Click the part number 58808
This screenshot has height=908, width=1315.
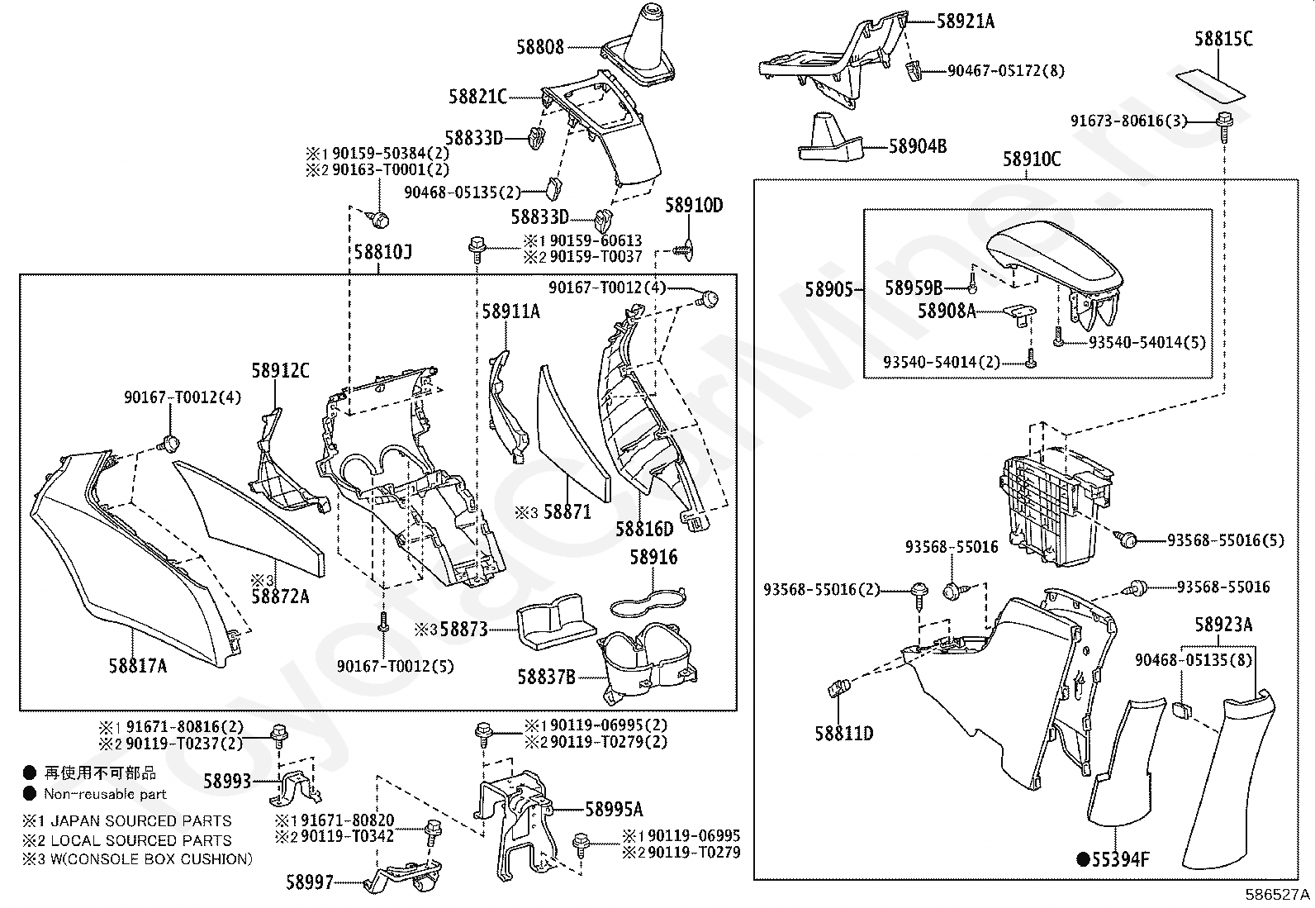[x=540, y=47]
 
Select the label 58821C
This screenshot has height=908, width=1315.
[x=477, y=97]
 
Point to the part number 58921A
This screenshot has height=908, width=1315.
[x=965, y=21]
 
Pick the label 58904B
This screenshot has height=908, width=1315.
[x=918, y=146]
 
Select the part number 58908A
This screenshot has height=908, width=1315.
[x=947, y=311]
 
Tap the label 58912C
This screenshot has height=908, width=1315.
[x=280, y=371]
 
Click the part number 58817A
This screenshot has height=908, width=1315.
[x=137, y=664]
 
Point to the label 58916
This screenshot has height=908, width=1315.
[x=653, y=557]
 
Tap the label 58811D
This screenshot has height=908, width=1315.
[x=843, y=733]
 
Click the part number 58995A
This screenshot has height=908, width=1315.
[x=614, y=809]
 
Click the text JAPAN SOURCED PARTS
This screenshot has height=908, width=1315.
[x=140, y=821]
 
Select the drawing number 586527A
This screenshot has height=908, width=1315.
[x=1278, y=896]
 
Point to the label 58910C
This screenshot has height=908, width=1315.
[x=1032, y=159]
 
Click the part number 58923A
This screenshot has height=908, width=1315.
[x=1222, y=625]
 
